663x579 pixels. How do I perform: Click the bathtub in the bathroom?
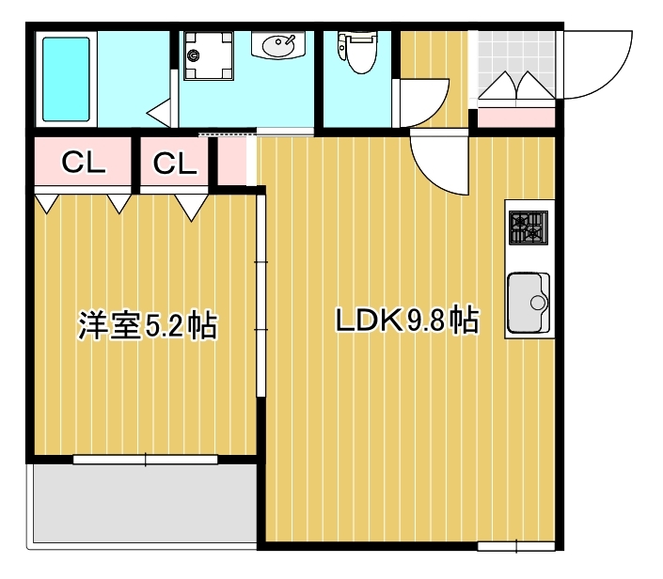click(66, 79)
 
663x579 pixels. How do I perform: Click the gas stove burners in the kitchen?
click(528, 227)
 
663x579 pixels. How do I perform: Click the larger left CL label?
click(85, 164)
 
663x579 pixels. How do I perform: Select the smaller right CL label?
click(175, 164)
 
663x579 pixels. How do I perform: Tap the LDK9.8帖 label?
click(408, 321)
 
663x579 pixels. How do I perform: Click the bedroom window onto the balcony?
click(146, 460)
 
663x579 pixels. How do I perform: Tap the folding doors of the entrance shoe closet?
click(515, 87)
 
